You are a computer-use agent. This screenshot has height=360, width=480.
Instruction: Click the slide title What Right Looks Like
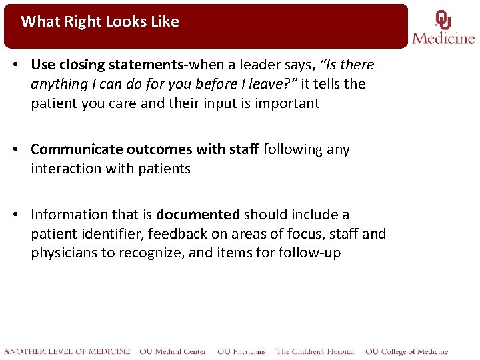(100, 21)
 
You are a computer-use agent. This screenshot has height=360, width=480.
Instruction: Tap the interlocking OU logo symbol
(443, 20)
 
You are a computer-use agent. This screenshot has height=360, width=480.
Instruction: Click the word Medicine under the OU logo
(443, 38)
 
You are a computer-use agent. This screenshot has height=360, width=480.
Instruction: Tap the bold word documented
(198, 215)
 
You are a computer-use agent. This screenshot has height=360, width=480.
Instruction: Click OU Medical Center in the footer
(173, 351)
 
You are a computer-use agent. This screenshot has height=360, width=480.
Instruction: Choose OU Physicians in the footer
(241, 351)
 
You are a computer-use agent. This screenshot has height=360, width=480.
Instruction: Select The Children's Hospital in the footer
(315, 351)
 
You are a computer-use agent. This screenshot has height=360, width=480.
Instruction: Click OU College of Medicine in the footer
(407, 351)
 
